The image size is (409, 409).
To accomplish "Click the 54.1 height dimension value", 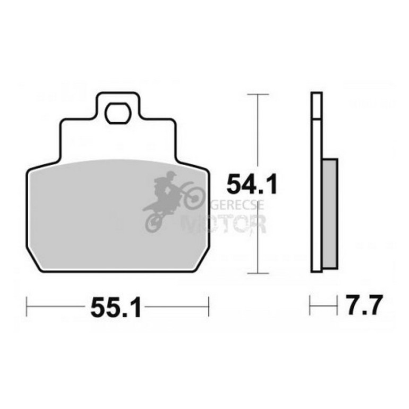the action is tap(251, 184).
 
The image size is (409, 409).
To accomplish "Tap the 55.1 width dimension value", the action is tap(116, 308).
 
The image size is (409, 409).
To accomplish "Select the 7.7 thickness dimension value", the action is tap(364, 305).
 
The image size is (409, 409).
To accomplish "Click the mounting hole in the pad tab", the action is tap(117, 113).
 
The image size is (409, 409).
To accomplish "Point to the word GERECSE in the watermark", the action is tap(237, 205).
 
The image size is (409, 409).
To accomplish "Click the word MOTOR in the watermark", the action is tap(224, 224).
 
